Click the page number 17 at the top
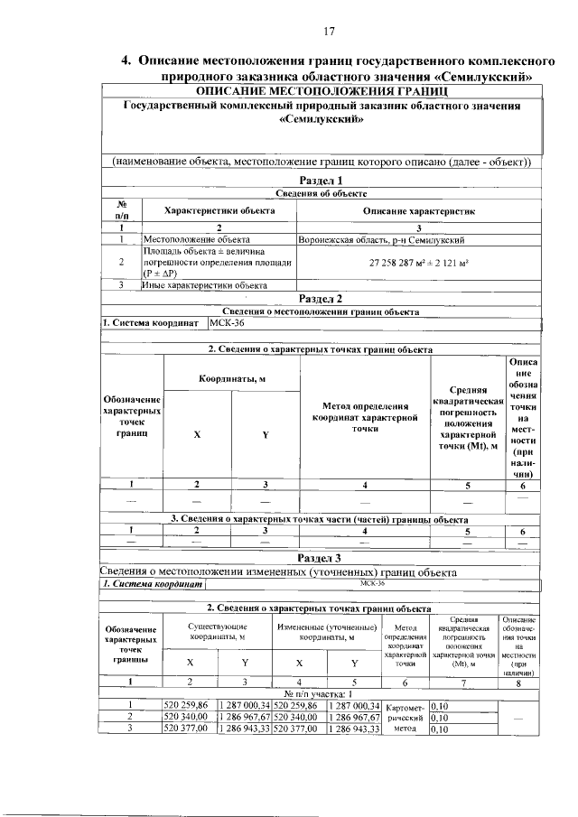328,32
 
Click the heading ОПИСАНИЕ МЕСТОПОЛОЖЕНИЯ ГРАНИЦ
322,92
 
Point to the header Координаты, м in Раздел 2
231,378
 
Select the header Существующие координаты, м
217,632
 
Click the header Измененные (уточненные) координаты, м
328,632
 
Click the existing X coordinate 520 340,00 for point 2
187,715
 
